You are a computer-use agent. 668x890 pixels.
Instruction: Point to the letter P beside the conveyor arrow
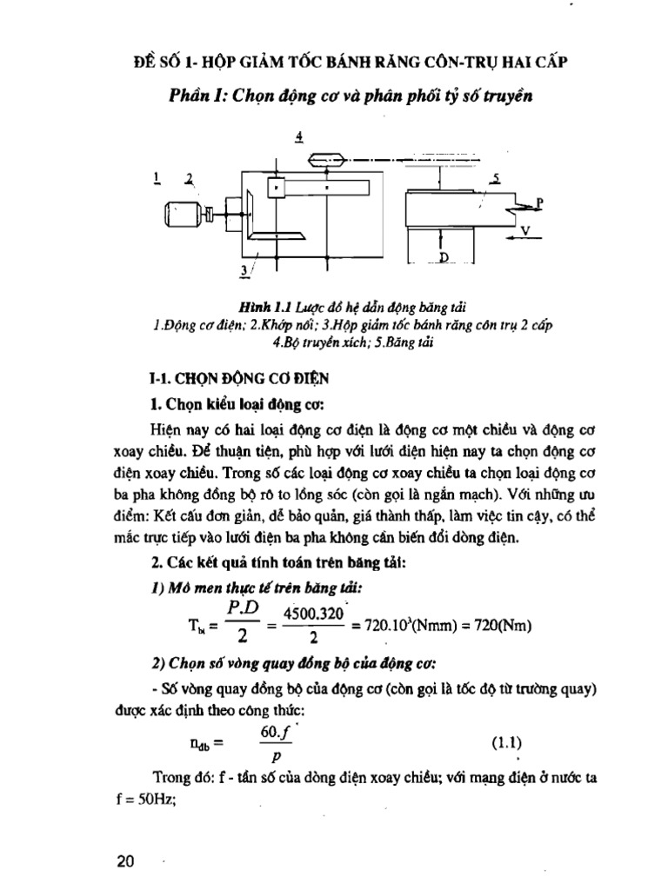(539, 201)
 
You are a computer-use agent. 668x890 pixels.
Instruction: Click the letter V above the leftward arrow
(524, 229)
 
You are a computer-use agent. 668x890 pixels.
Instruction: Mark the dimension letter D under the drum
(443, 258)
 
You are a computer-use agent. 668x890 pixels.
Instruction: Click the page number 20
(125, 861)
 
